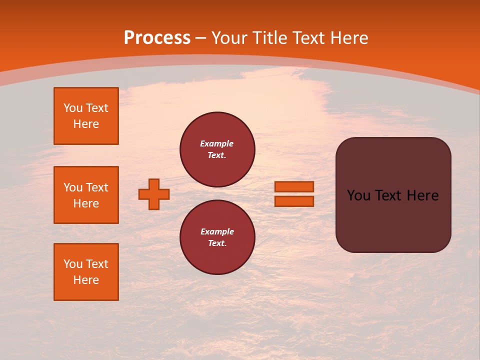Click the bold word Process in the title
click(157, 38)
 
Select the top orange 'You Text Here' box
click(86, 116)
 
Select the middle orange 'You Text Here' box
click(86, 195)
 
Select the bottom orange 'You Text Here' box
click(86, 272)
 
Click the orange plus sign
click(154, 194)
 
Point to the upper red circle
click(217, 149)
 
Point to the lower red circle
click(217, 237)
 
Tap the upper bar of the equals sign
click(294, 187)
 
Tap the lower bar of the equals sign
click(294, 201)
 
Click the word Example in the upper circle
click(217, 143)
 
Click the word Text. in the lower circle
click(217, 243)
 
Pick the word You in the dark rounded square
click(358, 195)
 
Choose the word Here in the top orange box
click(86, 124)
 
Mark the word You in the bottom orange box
click(73, 264)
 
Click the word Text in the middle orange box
click(97, 187)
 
